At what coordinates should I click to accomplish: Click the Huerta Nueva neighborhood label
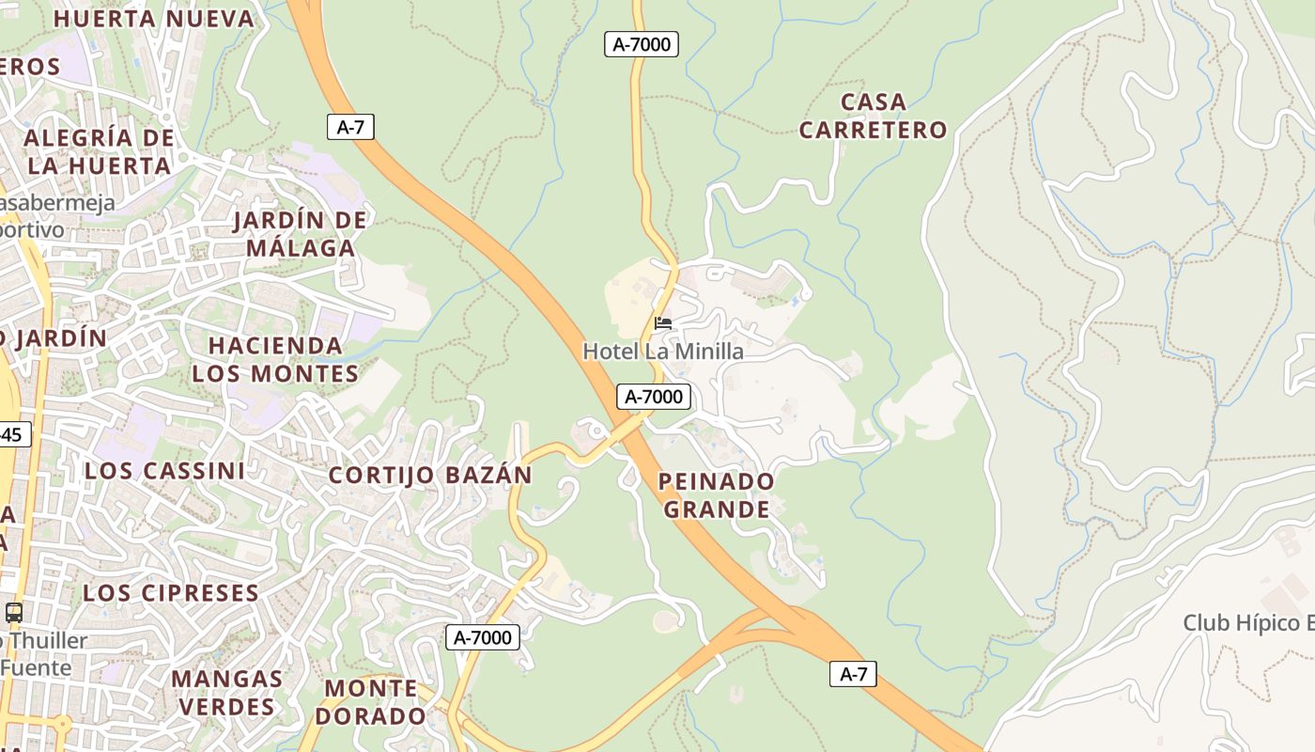(154, 19)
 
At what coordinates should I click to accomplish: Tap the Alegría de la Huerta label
(100, 151)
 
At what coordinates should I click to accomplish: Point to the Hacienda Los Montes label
(275, 359)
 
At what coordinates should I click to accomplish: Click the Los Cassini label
(164, 471)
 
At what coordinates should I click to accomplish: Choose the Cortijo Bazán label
(430, 475)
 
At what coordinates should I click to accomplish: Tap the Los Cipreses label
(171, 593)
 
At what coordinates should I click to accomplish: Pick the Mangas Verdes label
(226, 692)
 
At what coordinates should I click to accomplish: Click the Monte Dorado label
(370, 701)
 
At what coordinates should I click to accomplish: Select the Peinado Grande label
(717, 495)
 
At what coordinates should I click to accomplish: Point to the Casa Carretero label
(873, 116)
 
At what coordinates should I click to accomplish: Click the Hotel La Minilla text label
(663, 352)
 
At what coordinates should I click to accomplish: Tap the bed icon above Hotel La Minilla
(663, 323)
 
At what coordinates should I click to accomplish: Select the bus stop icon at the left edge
(14, 613)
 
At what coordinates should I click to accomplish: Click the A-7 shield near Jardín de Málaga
(350, 128)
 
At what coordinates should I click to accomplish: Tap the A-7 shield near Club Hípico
(853, 673)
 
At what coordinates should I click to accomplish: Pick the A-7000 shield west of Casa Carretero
(641, 44)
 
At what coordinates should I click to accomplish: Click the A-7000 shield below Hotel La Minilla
(654, 397)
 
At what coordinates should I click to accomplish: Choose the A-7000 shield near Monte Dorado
(483, 637)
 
